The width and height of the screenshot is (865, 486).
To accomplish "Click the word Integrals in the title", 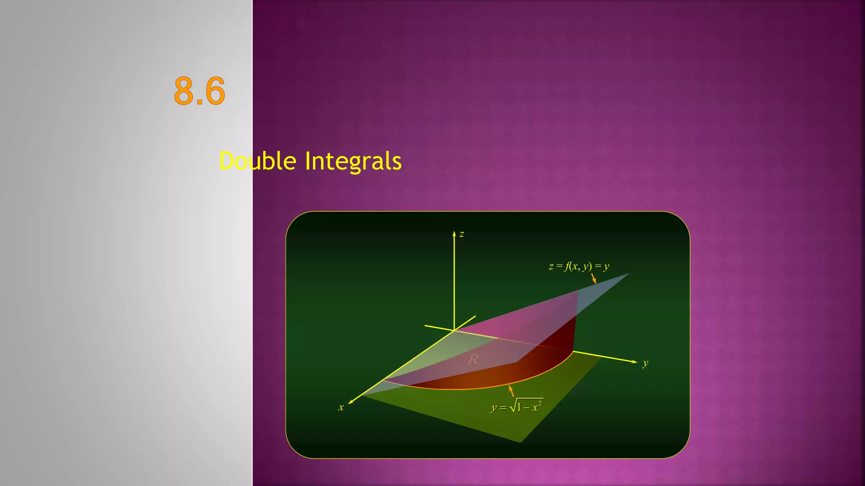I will pyautogui.click(x=353, y=161).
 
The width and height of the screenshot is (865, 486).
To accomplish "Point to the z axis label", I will pyautogui.click(x=462, y=234).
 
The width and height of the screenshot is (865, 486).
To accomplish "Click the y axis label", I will pyautogui.click(x=645, y=363).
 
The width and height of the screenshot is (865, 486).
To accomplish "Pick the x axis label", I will pyautogui.click(x=341, y=408).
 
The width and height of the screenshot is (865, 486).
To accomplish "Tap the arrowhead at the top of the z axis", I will pyautogui.click(x=454, y=233).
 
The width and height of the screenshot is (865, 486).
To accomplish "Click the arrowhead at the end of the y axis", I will pyautogui.click(x=634, y=362).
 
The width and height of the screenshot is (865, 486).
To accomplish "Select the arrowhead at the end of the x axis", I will pyautogui.click(x=351, y=402).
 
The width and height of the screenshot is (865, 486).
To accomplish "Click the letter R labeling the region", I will pyautogui.click(x=473, y=359).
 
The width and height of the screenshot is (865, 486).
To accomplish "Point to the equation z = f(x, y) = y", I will pyautogui.click(x=579, y=266).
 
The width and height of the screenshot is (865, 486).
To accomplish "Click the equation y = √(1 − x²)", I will pyautogui.click(x=517, y=406).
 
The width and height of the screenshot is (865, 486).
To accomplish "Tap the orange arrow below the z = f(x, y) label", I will pyautogui.click(x=593, y=278).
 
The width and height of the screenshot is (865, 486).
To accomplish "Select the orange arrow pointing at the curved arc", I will pyautogui.click(x=511, y=391).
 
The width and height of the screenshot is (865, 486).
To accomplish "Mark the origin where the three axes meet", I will pyautogui.click(x=454, y=330).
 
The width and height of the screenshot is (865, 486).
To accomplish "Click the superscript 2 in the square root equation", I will pyautogui.click(x=540, y=403).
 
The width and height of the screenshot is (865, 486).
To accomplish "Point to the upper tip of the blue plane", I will pyautogui.click(x=628, y=274).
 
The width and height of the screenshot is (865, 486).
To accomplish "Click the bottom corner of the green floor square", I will pyautogui.click(x=520, y=442).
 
